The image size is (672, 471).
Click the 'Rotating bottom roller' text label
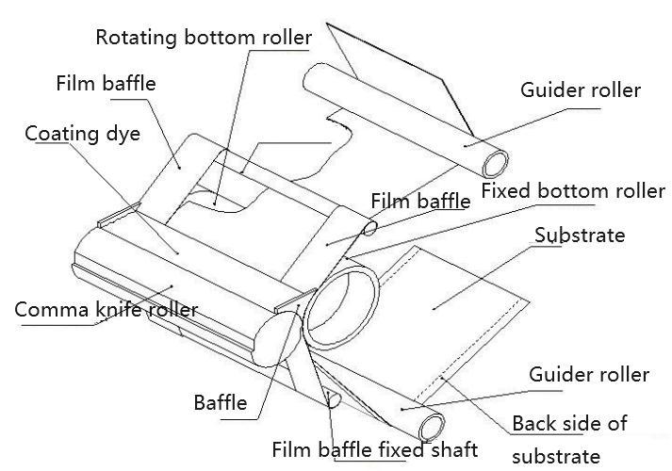[x=204, y=38]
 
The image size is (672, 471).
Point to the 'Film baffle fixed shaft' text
[x=374, y=449]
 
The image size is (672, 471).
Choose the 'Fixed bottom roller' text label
[x=573, y=191]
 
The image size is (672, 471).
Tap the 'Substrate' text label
[x=579, y=235]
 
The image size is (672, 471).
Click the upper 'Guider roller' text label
[x=581, y=91]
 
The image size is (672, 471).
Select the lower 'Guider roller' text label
[x=589, y=375]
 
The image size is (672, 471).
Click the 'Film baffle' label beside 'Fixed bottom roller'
[x=420, y=201]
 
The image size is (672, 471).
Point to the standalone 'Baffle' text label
[x=221, y=404]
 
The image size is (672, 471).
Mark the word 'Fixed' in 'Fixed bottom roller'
[x=504, y=191]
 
